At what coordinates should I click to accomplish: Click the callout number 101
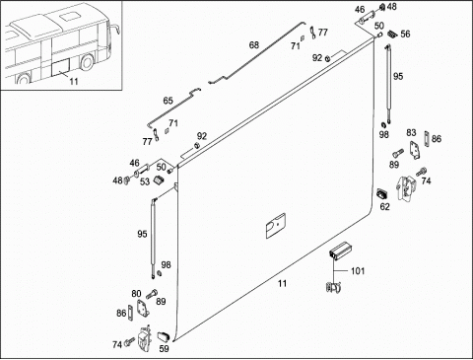point(358,271)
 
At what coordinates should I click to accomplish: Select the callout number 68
point(254,44)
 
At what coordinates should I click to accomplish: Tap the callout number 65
point(168,101)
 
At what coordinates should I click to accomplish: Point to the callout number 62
point(384,206)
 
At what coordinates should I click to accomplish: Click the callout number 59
point(164,348)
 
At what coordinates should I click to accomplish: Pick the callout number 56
point(405,34)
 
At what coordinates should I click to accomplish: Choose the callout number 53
point(145,181)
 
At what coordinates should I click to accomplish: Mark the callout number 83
point(411,133)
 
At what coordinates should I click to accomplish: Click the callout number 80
point(136,294)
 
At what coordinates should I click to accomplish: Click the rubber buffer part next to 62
point(382,193)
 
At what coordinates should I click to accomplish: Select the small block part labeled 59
point(164,337)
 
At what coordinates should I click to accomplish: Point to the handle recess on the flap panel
point(275,226)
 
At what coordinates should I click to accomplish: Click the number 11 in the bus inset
point(74,81)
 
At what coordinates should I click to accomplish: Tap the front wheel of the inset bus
point(87,62)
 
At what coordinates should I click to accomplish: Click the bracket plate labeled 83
point(415,151)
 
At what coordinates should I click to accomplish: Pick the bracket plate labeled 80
point(143,308)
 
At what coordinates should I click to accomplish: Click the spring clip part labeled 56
point(392,34)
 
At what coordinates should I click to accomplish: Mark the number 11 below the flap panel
point(282,283)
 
